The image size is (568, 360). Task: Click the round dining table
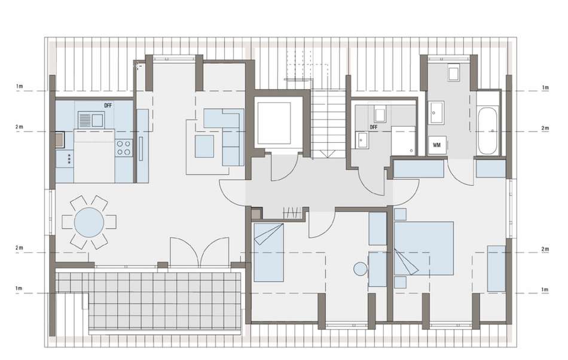(89, 222)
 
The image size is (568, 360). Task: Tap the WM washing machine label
(436, 145)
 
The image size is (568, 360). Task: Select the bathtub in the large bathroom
(487, 131)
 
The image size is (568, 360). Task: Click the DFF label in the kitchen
(108, 106)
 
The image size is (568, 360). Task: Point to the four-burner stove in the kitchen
(123, 148)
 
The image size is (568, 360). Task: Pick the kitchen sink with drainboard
(91, 120)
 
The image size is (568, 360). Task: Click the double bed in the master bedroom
(424, 248)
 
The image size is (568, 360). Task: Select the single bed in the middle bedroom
(268, 252)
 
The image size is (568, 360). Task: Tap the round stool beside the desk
(361, 269)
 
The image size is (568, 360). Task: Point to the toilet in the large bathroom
(454, 73)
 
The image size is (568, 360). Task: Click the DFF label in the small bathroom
(374, 127)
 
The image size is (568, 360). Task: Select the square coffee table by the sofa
(204, 147)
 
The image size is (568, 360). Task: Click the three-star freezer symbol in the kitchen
(69, 159)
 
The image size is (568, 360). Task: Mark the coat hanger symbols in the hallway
(292, 212)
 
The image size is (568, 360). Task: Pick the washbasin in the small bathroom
(362, 141)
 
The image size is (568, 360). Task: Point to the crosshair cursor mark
(138, 66)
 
